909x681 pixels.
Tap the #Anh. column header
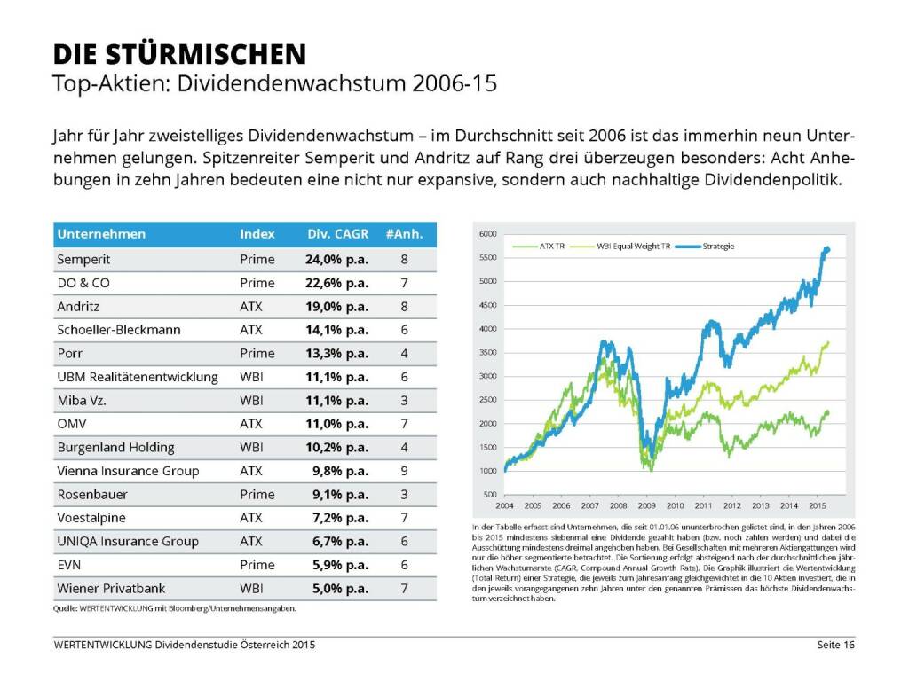[404, 234]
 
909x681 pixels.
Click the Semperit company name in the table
[83, 260]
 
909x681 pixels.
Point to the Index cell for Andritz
[250, 306]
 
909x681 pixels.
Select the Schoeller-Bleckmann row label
[119, 330]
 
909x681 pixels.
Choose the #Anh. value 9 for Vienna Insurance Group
[404, 471]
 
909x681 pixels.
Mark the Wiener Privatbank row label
[111, 588]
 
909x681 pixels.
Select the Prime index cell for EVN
[257, 565]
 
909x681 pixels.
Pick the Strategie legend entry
[717, 245]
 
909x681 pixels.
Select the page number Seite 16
[834, 645]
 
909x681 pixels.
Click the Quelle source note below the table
[174, 608]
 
